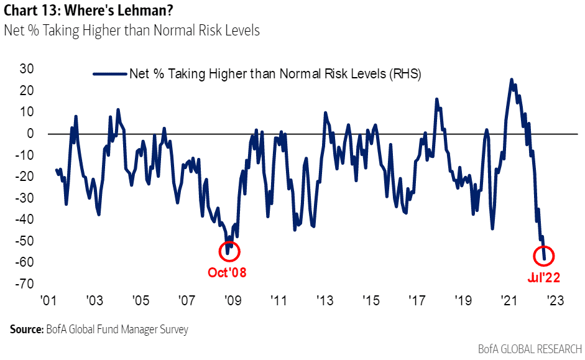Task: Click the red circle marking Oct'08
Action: click(229, 251)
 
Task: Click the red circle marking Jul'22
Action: click(544, 256)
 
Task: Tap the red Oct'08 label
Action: click(226, 272)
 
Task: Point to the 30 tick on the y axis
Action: click(25, 68)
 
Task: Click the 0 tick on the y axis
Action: click(29, 133)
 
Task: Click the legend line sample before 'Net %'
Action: click(109, 74)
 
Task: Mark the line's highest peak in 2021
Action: click(511, 80)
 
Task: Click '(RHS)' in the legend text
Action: click(407, 74)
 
